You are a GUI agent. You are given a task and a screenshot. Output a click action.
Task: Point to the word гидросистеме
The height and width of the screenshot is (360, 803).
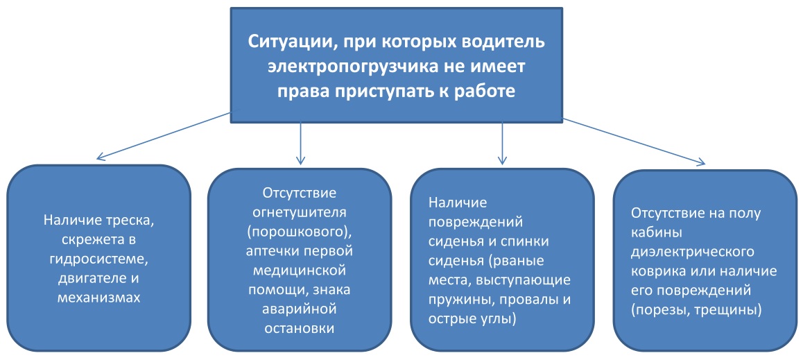[x=99, y=258]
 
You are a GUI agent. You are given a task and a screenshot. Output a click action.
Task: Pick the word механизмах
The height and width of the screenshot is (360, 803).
[x=99, y=297]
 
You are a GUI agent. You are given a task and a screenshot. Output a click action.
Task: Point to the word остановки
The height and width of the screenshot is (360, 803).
[x=300, y=327]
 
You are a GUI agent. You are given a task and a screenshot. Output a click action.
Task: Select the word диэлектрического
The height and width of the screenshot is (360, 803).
[x=694, y=251]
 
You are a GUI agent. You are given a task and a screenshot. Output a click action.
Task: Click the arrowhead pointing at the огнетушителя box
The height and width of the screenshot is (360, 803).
[x=301, y=160]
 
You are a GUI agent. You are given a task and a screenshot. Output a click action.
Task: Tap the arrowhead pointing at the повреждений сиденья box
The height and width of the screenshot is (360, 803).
[x=501, y=160]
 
